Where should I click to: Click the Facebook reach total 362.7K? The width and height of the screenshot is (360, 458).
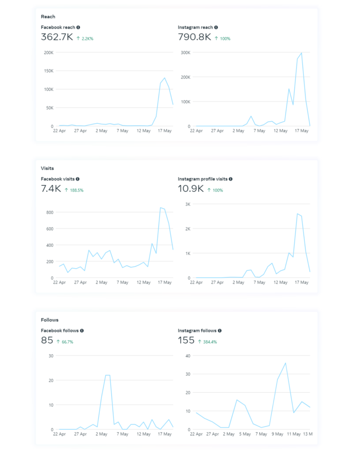point(57,38)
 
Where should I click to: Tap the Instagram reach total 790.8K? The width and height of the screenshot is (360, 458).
point(194,38)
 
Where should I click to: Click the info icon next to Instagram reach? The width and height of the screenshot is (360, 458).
point(216,27)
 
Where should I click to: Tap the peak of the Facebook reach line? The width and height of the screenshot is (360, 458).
point(165,78)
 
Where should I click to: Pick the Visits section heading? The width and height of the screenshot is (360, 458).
point(47,168)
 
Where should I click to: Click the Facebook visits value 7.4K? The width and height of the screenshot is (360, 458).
point(51,189)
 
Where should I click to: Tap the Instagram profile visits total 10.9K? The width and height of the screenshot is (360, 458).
point(191,189)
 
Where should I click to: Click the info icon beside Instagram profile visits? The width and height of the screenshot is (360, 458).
point(231,179)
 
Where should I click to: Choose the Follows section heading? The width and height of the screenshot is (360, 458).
point(50,320)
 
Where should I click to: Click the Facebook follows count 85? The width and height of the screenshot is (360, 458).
point(47,341)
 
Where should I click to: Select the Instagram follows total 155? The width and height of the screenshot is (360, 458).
point(186,341)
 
